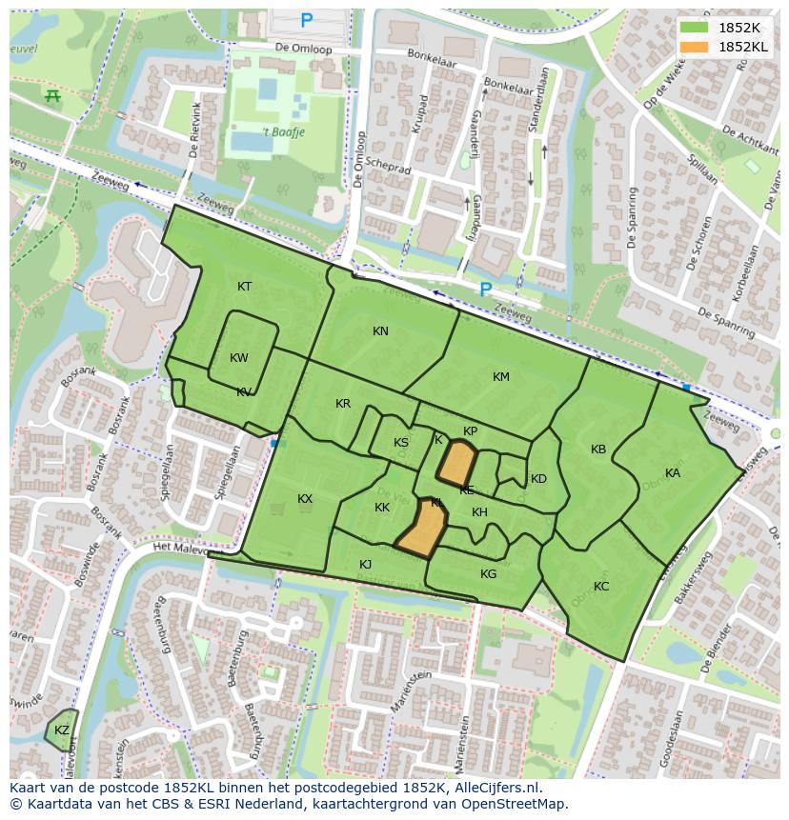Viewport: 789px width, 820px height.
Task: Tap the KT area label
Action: pos(245,287)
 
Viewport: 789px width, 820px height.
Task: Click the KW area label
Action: pos(239,358)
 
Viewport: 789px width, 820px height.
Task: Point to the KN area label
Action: pos(380,331)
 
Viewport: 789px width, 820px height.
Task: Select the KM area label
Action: pos(501,377)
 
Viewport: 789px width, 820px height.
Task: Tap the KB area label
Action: pos(598,450)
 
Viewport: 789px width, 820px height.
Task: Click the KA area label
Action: pos(673,473)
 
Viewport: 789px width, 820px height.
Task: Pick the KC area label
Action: pos(601,587)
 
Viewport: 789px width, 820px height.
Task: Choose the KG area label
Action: pos(489,574)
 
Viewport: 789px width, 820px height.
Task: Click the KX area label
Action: pos(305,499)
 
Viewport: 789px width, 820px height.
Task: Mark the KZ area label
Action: pos(62,730)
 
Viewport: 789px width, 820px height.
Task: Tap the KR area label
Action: pos(343,404)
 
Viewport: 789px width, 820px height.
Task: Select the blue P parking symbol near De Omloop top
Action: pos(306,20)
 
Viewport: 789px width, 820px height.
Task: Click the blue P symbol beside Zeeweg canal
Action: pos(485,290)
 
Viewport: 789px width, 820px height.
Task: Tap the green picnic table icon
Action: pos(51,95)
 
